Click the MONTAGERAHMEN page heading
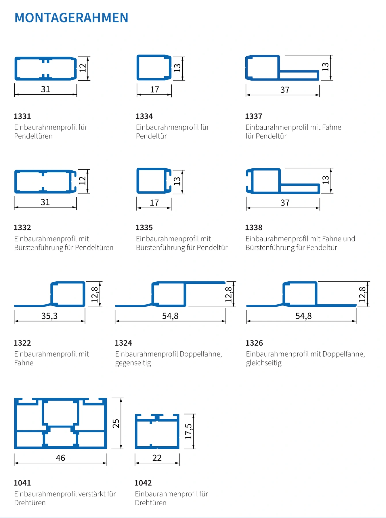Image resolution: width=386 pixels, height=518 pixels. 71,18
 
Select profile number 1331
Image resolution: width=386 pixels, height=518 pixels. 22,116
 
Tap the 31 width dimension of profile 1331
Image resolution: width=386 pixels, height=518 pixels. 45,89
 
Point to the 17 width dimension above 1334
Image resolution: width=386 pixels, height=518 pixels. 154,89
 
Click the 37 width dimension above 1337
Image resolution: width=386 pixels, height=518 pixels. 285,90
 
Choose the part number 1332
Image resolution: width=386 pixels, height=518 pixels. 22,228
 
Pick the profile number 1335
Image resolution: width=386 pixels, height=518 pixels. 144,228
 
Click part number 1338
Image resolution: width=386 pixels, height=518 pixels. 254,228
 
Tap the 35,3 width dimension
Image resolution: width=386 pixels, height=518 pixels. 49,316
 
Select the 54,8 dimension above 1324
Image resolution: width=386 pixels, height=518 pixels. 170,316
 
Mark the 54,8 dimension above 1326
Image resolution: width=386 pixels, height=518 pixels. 303,316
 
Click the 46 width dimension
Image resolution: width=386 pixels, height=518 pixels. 60,458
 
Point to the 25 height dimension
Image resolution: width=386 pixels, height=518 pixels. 116,423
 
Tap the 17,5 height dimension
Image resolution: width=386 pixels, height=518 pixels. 188,431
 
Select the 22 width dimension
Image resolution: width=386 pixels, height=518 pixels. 157,458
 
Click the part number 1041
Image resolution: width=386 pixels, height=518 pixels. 22,483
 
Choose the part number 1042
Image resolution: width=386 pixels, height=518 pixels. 143,483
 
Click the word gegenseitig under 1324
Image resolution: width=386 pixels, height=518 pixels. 133,363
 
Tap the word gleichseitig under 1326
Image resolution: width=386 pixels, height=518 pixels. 264,363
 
